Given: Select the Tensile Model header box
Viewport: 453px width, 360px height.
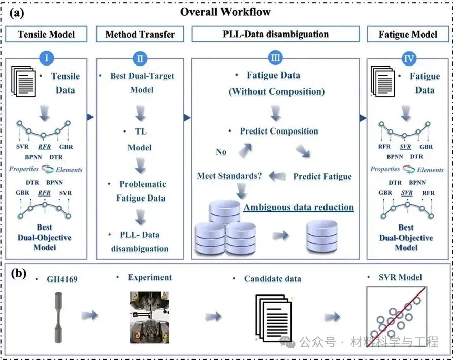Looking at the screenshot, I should pyautogui.click(x=46, y=35).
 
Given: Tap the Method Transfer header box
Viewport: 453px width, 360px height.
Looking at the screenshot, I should pyautogui.click(x=140, y=35).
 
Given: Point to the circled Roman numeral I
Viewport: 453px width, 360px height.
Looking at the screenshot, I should pyautogui.click(x=46, y=58).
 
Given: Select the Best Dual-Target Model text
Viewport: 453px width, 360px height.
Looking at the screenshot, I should pyautogui.click(x=142, y=82).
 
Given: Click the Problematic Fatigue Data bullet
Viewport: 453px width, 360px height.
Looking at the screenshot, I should pyautogui.click(x=142, y=190).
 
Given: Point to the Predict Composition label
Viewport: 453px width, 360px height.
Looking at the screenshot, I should pyautogui.click(x=279, y=131).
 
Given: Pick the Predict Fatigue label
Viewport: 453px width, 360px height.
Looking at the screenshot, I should pyautogui.click(x=322, y=176).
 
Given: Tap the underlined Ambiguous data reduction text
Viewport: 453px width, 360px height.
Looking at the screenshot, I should pyautogui.click(x=299, y=207).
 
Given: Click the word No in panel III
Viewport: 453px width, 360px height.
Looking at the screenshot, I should pyautogui.click(x=221, y=151).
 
